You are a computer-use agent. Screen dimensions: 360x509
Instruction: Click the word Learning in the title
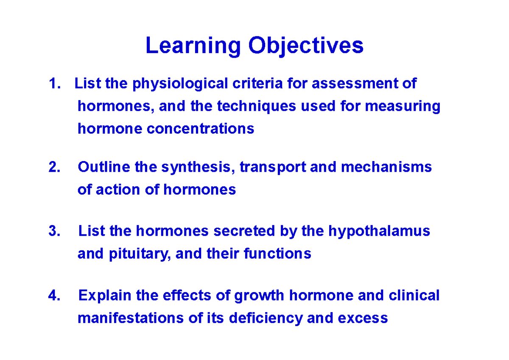[x=193, y=46]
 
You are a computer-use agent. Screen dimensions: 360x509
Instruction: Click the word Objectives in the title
[x=306, y=46]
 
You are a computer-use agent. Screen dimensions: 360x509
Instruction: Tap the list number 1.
[x=53, y=84]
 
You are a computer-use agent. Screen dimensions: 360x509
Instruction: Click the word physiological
[x=181, y=84]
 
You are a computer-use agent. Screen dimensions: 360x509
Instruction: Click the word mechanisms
[x=386, y=167]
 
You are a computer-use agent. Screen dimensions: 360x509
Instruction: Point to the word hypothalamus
[x=379, y=232]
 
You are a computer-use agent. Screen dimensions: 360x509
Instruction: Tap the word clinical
[x=414, y=296]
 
